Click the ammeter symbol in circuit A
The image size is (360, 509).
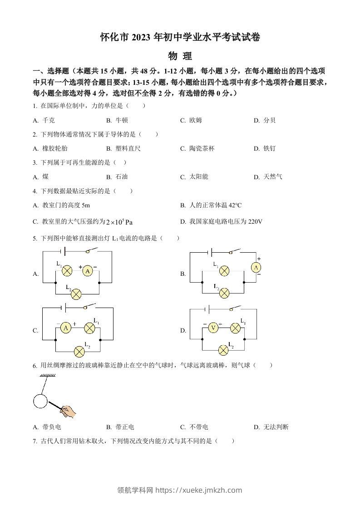pos(88,271)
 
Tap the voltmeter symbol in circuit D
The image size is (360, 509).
pos(213,328)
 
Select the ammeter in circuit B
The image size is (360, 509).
pos(256,268)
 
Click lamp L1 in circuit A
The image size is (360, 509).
pos(67,271)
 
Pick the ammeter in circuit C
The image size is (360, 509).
pos(66,328)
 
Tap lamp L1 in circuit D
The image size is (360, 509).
pos(235,328)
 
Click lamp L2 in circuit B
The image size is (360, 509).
pos(224,293)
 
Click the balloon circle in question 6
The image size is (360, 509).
pos(40,401)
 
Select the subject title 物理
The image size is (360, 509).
pos(180,56)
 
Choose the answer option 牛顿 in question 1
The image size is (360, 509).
pos(122,120)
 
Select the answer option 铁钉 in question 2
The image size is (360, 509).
pos(269,148)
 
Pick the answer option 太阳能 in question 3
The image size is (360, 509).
pos(198,176)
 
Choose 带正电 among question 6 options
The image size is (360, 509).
pos(125,427)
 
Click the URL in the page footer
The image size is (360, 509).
pos(199,490)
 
